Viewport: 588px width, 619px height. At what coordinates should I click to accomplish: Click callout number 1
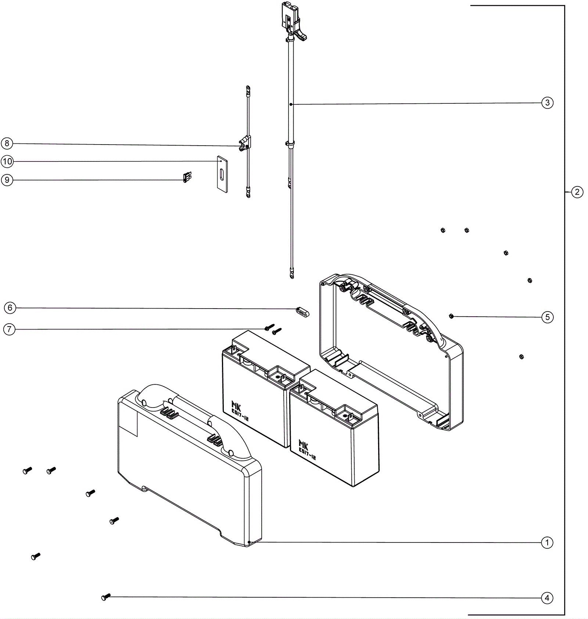[547, 542]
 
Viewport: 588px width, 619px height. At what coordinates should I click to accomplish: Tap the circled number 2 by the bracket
[577, 192]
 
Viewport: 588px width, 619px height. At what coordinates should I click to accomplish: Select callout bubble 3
[547, 103]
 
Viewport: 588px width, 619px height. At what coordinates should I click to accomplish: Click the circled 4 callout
[547, 598]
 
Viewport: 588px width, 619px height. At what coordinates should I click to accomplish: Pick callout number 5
[547, 317]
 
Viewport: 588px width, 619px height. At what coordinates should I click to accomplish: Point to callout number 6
[10, 308]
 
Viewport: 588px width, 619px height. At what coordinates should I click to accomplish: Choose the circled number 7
[9, 329]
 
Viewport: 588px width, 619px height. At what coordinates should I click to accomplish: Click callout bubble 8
[7, 143]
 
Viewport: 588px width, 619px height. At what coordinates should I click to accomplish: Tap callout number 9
[7, 180]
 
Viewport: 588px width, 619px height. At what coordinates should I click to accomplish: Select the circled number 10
[7, 161]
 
